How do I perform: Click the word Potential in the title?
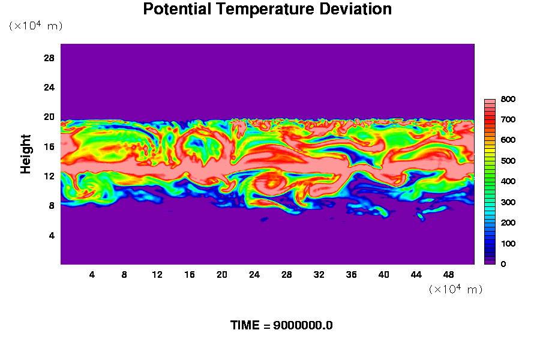click(177, 9)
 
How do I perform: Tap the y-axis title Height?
click(25, 154)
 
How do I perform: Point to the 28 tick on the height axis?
click(49, 58)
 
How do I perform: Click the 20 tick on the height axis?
click(49, 117)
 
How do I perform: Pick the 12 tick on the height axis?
click(49, 176)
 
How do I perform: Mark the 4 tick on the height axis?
click(52, 235)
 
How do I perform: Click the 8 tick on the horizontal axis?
click(124, 275)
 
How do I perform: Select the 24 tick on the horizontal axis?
click(254, 275)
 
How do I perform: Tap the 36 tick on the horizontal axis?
click(351, 275)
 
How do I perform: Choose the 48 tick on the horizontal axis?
click(448, 275)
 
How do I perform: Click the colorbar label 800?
click(508, 99)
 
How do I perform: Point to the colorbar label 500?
click(508, 161)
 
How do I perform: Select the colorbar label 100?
click(508, 244)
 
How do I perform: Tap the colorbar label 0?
click(503, 264)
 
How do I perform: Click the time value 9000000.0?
click(303, 325)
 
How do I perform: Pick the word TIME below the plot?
click(245, 325)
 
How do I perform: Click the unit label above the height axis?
click(36, 25)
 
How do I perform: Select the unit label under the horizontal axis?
click(455, 289)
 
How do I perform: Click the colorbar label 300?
click(508, 202)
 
